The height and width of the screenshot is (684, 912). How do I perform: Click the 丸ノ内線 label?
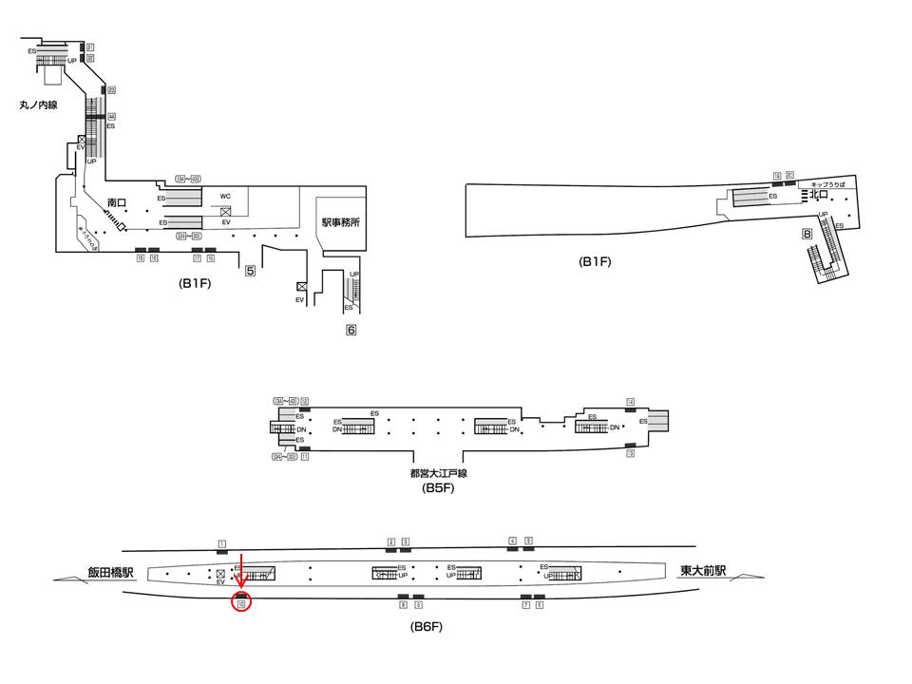(x=38, y=105)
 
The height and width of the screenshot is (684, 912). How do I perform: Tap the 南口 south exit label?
(x=117, y=202)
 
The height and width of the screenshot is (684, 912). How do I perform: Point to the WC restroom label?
(x=225, y=197)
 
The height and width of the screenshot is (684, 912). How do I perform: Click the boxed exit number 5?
(x=250, y=271)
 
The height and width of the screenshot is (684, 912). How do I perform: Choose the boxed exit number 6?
(x=351, y=331)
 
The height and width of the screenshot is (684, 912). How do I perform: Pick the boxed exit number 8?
(x=807, y=234)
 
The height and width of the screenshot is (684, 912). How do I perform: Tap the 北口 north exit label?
(x=816, y=195)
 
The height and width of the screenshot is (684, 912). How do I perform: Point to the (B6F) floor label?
(x=427, y=627)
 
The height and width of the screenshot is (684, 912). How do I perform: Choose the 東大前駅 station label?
(x=703, y=571)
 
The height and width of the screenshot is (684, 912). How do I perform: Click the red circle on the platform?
(x=241, y=601)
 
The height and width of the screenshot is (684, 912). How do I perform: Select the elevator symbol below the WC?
(x=225, y=210)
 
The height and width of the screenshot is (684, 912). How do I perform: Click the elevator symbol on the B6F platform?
(x=220, y=574)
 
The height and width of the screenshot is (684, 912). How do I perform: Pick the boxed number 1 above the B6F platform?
(x=221, y=544)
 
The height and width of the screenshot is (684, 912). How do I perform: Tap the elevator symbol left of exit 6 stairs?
(x=301, y=286)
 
